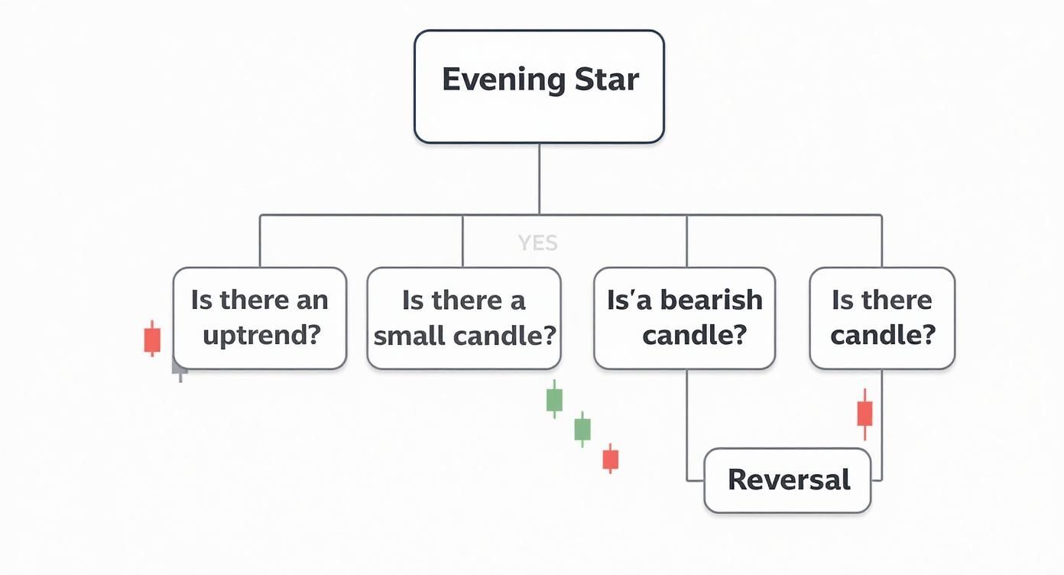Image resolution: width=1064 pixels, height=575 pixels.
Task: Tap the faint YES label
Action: [x=537, y=243]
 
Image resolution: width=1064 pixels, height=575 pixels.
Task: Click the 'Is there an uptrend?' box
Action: [x=260, y=318]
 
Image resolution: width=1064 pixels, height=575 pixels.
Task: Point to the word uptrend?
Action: [x=261, y=336]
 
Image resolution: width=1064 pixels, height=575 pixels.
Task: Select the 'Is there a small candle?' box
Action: [x=464, y=318]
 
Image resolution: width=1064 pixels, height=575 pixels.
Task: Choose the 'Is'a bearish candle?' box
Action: [x=684, y=318]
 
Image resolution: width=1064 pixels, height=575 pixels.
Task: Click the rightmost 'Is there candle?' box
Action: [x=882, y=318]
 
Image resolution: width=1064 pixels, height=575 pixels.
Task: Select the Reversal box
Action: [x=787, y=480]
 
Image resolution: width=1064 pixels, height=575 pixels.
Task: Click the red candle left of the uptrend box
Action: [x=152, y=339]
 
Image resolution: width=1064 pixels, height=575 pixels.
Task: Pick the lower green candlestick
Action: [x=582, y=429]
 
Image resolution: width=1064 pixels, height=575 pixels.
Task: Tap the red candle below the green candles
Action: [x=610, y=459]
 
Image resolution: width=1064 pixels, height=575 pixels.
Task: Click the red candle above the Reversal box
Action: [x=864, y=414]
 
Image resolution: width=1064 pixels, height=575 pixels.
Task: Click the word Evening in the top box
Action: [x=503, y=80]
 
